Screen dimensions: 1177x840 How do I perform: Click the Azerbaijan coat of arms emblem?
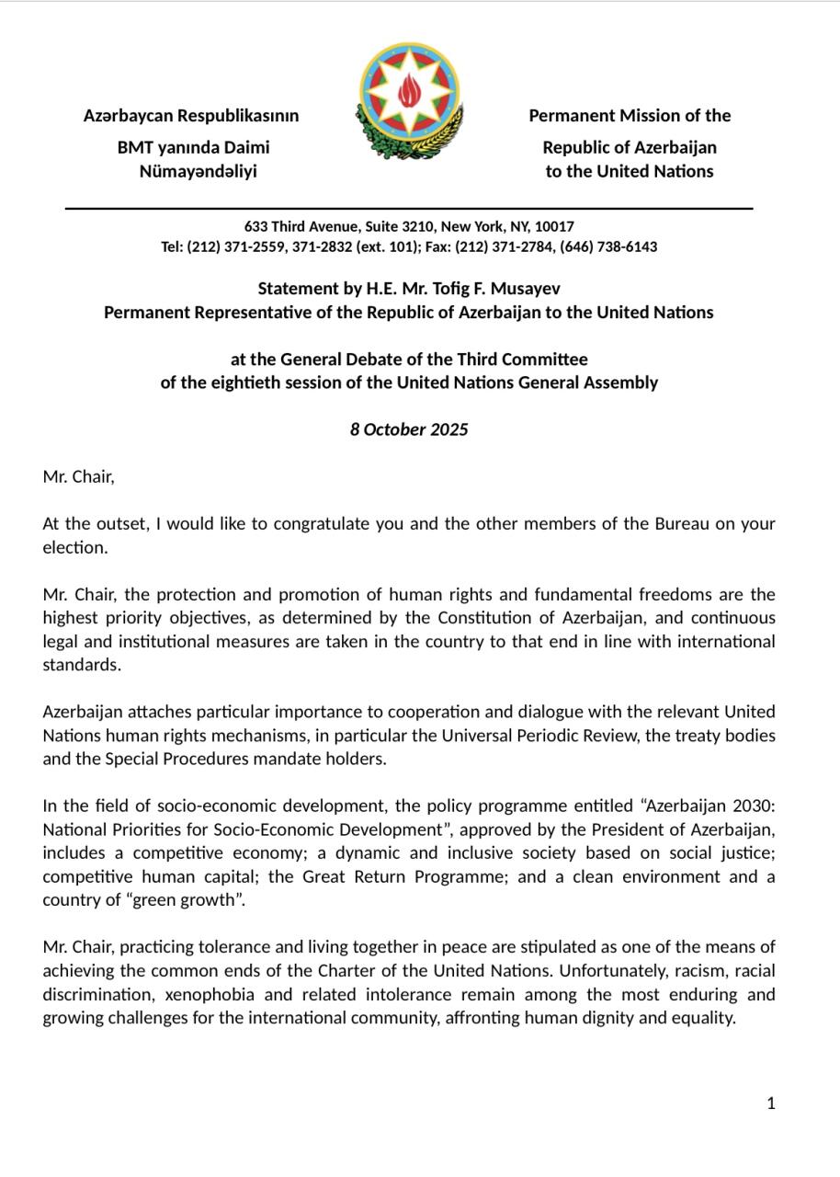click(409, 101)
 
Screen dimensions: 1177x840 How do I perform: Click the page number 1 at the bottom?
click(771, 1103)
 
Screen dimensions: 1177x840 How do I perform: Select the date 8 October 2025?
click(409, 429)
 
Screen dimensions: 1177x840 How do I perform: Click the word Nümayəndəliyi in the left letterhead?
click(198, 172)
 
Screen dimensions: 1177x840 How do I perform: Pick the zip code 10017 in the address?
click(554, 226)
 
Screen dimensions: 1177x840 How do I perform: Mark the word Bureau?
click(681, 524)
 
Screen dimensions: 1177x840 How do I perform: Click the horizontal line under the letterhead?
click(409, 209)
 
